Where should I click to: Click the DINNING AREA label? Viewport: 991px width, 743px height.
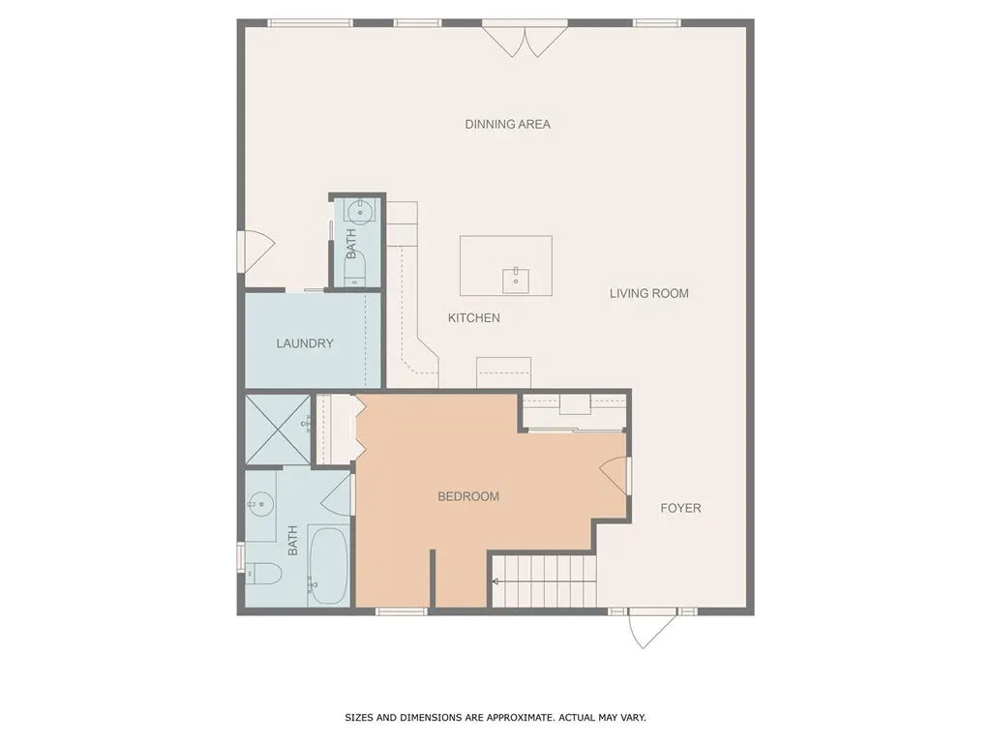coord(507,125)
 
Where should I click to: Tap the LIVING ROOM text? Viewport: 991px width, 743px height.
coord(649,293)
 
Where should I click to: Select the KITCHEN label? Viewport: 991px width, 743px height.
coord(474,317)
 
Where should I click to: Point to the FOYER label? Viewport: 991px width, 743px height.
coord(680,508)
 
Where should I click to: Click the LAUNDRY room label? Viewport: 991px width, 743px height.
coord(305,343)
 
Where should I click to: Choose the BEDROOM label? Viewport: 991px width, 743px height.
coord(468,496)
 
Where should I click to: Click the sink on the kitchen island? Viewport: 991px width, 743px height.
coord(516,280)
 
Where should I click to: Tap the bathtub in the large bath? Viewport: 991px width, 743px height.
coord(328,565)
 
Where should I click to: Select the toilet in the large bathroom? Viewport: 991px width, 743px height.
coord(263,573)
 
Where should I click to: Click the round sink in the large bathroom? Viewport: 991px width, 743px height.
coord(257,504)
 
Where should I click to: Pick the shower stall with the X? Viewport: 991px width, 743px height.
coord(278,430)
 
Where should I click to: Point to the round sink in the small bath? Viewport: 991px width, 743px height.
coord(360,211)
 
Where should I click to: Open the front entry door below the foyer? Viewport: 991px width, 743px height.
coord(647,629)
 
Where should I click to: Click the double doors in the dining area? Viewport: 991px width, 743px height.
coord(525,39)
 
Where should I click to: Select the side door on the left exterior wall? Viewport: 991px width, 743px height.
coord(255,253)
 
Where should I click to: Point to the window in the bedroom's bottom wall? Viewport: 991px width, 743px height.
coord(402,611)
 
